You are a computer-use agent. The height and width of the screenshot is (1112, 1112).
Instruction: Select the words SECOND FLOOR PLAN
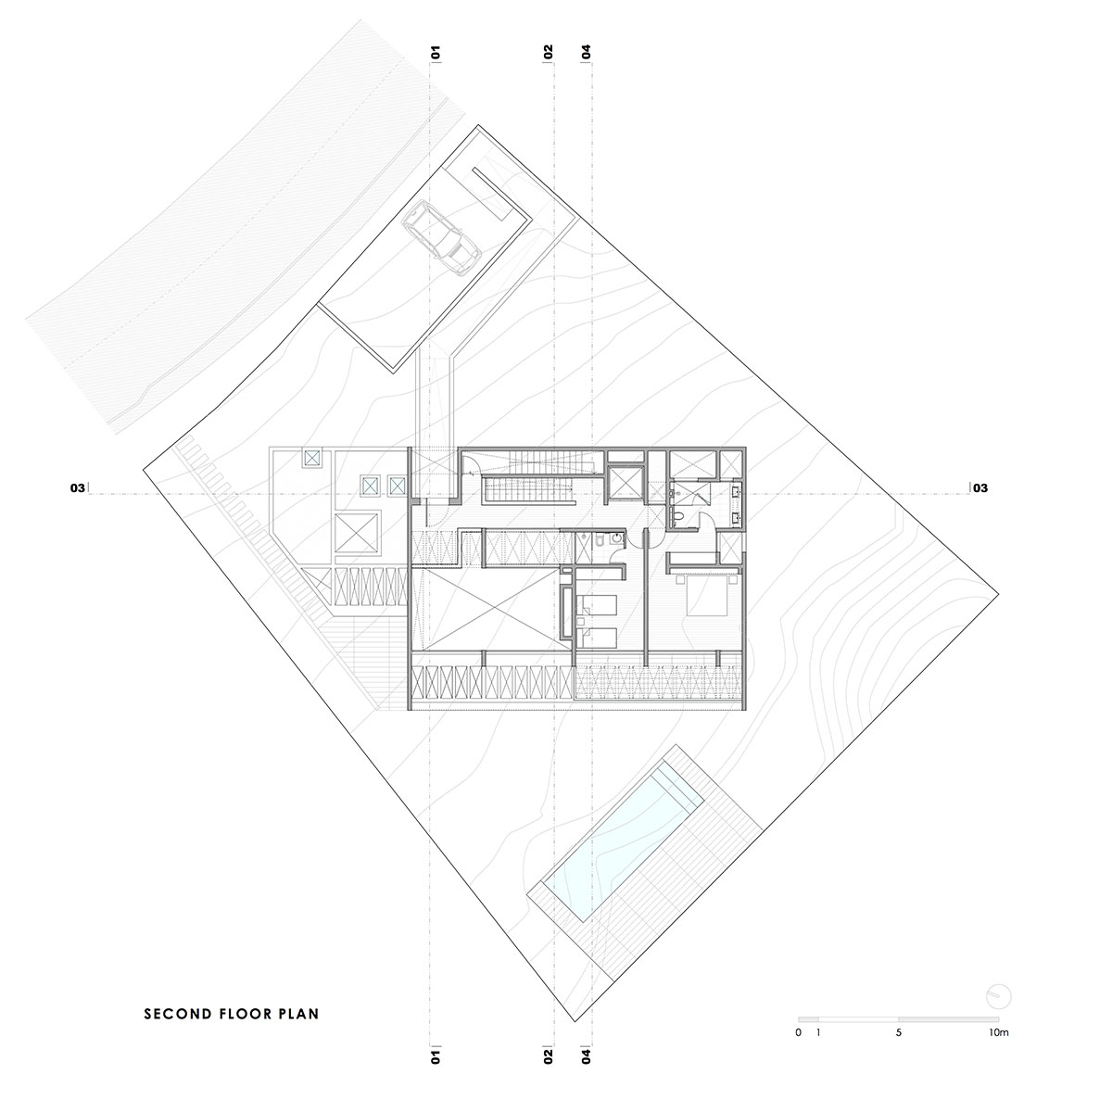pos(232,1014)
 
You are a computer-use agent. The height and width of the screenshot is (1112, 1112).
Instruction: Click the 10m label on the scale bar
pos(998,1031)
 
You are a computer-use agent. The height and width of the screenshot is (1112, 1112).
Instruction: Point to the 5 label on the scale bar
pos(899,1032)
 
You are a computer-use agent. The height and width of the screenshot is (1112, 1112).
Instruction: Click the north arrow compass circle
pos(999,996)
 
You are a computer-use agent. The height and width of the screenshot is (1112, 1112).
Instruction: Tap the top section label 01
pos(436,53)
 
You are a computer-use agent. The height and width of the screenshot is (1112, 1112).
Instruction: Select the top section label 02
pos(549,53)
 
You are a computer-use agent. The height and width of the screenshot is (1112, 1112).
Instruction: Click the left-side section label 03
pos(77,488)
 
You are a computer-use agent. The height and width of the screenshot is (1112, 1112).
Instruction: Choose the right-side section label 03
pos(979,488)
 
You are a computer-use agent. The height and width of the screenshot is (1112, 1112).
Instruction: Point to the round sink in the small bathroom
pos(617,537)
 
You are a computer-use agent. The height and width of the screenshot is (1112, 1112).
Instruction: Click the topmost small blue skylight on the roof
pos(311,458)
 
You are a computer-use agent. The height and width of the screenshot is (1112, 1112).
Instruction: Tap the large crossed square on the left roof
pos(357,533)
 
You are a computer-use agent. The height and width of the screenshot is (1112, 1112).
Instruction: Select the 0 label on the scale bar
pos(798,1032)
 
